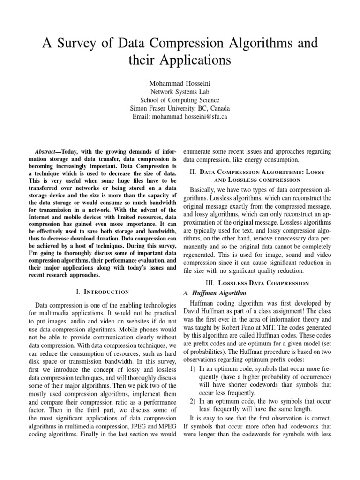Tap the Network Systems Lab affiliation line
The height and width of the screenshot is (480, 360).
pyautogui.click(x=180, y=91)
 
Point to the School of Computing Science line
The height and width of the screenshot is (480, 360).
pyautogui.click(x=180, y=100)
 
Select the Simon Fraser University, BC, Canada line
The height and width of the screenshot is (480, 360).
pyautogui.click(x=180, y=108)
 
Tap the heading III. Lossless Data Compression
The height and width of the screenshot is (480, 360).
pyautogui.click(x=257, y=283)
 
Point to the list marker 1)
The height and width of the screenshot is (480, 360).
pyautogui.click(x=193, y=368)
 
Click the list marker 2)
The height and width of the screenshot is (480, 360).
pyautogui.click(x=193, y=401)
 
